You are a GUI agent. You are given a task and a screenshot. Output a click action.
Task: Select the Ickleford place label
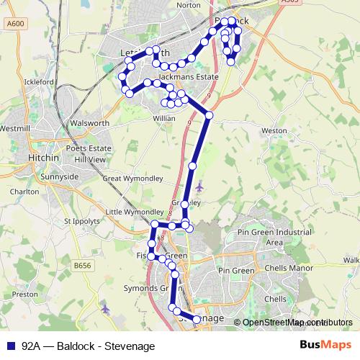[40, 82]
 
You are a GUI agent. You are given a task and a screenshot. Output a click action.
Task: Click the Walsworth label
[89, 123]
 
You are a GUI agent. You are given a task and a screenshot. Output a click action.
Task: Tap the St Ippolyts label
[79, 220]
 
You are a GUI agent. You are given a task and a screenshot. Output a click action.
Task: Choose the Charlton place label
[24, 192]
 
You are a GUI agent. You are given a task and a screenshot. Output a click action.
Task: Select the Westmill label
[16, 128]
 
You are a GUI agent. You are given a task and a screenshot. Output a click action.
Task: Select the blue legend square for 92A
[10, 346]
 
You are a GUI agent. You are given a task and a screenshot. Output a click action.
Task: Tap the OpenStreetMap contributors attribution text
[295, 323]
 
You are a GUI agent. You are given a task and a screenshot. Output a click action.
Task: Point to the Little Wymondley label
[135, 212]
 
